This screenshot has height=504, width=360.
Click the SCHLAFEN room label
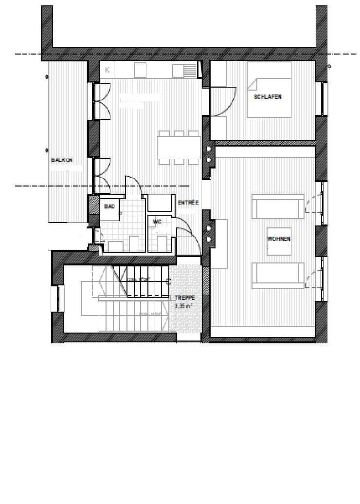coord(268,96)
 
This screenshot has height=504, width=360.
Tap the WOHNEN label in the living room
coord(279,239)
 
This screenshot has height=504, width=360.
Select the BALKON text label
coord(62,160)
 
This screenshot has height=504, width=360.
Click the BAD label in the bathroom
coord(109,206)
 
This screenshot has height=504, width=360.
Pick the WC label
coord(157,222)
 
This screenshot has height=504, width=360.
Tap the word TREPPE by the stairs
coord(184,297)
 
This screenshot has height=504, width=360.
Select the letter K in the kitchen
coord(108,70)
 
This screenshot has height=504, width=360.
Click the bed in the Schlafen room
coord(269,90)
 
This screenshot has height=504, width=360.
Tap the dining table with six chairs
coord(179,147)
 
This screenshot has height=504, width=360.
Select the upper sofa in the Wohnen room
coord(278,207)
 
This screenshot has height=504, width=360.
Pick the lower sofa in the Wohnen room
coord(278,276)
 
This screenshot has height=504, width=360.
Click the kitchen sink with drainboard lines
coord(185,71)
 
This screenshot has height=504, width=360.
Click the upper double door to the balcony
coord(101,101)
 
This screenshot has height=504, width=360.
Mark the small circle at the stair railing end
coord(169,281)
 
